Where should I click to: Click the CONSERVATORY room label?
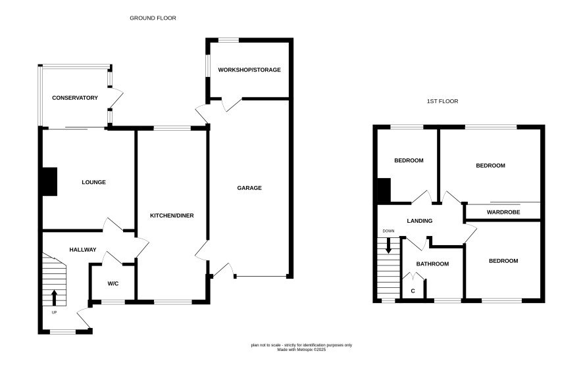75,98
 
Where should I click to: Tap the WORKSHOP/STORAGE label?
249,70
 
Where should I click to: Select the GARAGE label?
249,188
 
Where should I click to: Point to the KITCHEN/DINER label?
172,216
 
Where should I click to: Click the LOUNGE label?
93,182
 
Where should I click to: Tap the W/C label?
113,284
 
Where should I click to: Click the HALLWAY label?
83,250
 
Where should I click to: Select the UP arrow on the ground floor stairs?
54,297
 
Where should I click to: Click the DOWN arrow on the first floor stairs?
388,246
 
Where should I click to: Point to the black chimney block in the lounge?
49,181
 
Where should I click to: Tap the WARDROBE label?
503,212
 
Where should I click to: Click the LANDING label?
419,221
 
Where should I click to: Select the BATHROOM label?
432,264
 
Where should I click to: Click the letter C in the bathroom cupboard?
413,291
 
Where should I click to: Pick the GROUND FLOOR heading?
153,18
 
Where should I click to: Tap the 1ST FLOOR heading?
442,101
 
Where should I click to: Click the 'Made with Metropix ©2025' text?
301,350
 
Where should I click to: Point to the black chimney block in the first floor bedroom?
384,191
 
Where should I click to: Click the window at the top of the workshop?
228,40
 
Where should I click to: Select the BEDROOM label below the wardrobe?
503,261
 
